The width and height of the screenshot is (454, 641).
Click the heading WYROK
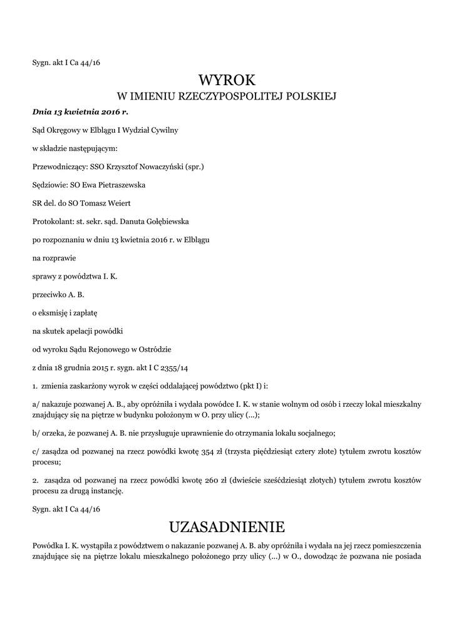pos(227,80)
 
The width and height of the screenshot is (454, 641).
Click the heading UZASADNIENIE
pos(227,525)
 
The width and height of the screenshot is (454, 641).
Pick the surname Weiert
pos(118,203)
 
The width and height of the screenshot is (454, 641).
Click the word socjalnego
pos(314,433)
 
